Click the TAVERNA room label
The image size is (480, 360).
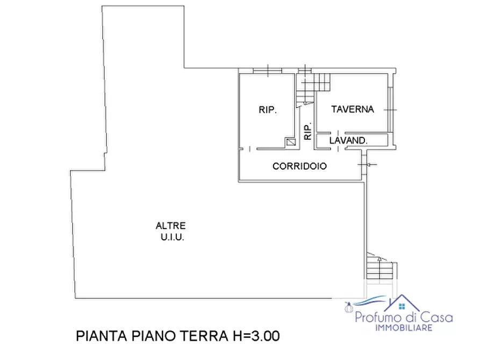tap(352, 109)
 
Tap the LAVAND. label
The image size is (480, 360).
tap(348, 141)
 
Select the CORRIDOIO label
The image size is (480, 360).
tap(299, 167)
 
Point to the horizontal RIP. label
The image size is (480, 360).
tap(268, 110)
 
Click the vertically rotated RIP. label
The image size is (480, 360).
tap(308, 132)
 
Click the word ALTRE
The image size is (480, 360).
tap(170, 226)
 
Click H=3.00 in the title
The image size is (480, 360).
tap(251, 337)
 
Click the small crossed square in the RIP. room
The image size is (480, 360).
tap(291, 142)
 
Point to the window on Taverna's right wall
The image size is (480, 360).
tap(391, 110)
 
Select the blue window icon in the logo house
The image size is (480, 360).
tap(402, 307)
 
